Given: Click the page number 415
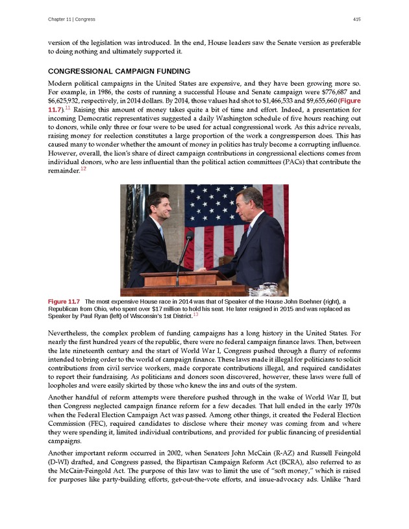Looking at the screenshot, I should [357, 19].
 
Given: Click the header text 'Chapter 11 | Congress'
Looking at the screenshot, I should [71, 19].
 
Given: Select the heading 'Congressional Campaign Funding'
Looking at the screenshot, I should [119, 71].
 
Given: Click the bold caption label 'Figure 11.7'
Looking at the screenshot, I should [64, 302].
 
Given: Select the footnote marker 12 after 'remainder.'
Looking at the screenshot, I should [82, 169].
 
